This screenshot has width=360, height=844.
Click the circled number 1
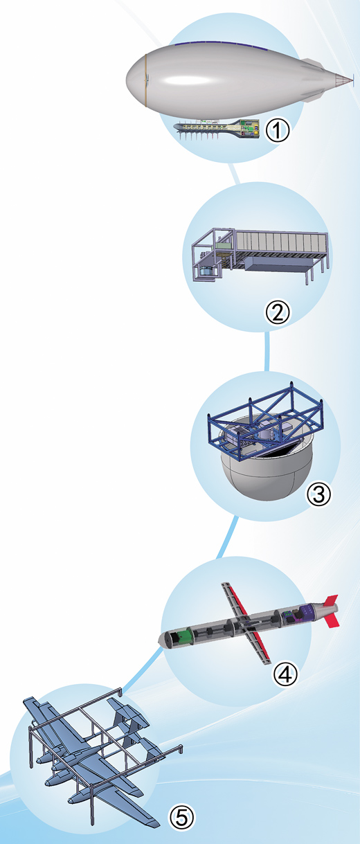tap(278, 130)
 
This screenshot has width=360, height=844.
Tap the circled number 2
tap(278, 312)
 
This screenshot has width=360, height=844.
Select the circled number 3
tap(319, 494)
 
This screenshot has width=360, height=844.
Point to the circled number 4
tap(285, 674)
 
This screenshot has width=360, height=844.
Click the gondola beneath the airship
tap(217, 129)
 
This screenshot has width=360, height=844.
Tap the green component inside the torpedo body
tap(185, 637)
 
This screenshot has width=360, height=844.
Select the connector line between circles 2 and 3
tap(267, 350)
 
